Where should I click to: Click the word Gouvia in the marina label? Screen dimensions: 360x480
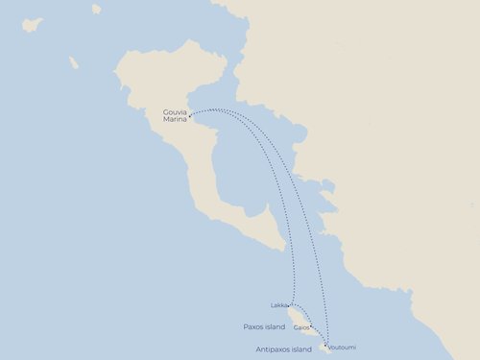tap(175, 111)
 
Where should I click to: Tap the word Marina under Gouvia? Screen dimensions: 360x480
tap(175, 119)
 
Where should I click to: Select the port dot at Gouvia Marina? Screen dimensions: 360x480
tap(190, 116)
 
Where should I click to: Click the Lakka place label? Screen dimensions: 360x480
tap(278, 305)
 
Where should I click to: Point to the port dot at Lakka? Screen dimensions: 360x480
tap(290, 306)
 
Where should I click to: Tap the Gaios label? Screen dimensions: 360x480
tap(300, 327)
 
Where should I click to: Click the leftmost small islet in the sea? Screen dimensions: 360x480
tap(33, 24)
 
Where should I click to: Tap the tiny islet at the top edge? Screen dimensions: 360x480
tap(96, 9)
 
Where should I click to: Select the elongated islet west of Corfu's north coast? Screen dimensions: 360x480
tap(73, 62)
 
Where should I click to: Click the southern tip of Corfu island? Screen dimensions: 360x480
tap(283, 249)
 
